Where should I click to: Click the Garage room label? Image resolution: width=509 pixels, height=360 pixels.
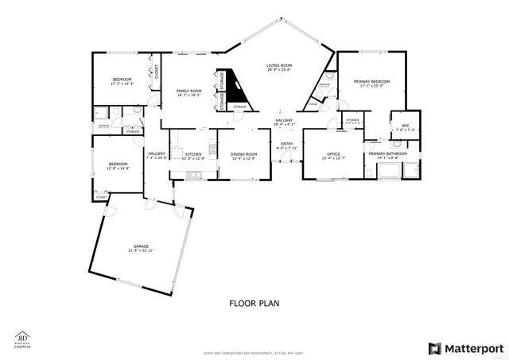142,248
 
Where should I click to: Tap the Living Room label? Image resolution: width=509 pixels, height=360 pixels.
278,68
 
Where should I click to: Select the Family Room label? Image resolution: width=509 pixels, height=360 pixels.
188,93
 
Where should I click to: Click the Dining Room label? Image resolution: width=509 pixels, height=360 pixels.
244,156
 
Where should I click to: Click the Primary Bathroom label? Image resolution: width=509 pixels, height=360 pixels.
387,155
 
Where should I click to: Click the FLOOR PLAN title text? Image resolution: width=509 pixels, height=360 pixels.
254,303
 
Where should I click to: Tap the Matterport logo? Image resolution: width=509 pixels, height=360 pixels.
465,347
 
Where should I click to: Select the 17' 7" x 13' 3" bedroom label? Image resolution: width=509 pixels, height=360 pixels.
122,82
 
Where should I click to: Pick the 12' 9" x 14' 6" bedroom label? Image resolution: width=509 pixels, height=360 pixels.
118,166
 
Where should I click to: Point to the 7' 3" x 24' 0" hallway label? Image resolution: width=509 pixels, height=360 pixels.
156,155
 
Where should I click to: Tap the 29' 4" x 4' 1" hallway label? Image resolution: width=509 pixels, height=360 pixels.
284,122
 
